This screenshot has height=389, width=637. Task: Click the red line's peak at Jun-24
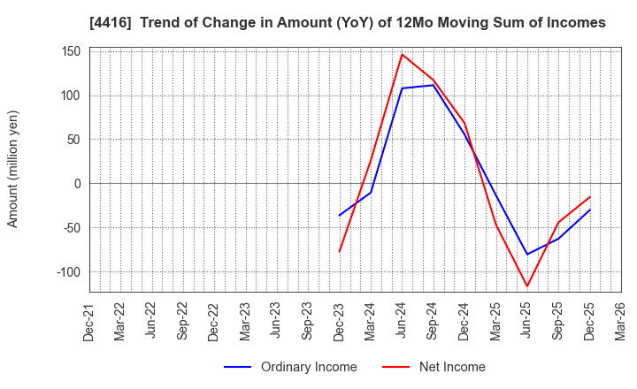click(402, 54)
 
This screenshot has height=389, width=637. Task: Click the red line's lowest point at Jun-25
click(527, 286)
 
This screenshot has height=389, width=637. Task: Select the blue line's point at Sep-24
click(433, 85)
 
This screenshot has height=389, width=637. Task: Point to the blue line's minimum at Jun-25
click(527, 255)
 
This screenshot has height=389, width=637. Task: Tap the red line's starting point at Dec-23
click(339, 252)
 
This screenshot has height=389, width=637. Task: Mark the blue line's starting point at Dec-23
click(339, 216)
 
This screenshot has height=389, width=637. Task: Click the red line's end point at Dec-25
click(590, 196)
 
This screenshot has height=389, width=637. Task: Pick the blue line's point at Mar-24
click(371, 193)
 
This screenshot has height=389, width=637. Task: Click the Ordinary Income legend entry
click(290, 367)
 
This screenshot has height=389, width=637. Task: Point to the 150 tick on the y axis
click(72, 51)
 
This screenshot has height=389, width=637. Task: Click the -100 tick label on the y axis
click(69, 272)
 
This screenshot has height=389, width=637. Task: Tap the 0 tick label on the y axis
click(78, 184)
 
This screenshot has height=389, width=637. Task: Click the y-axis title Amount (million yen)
click(12, 169)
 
